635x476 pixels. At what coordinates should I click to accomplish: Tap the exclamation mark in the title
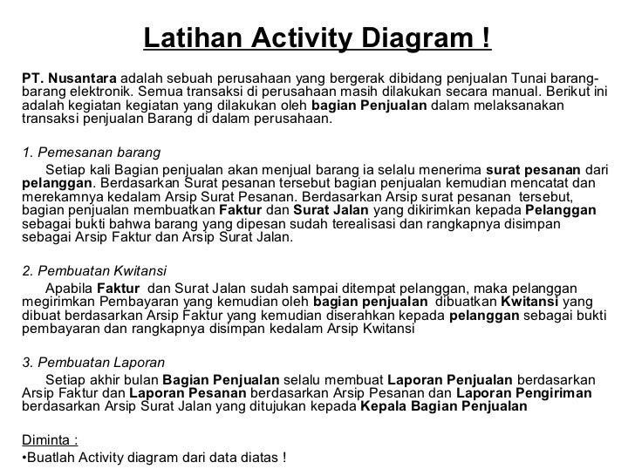(x=485, y=39)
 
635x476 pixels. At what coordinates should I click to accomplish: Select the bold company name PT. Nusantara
(x=65, y=78)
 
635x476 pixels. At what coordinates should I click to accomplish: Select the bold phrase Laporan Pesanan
(x=179, y=393)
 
